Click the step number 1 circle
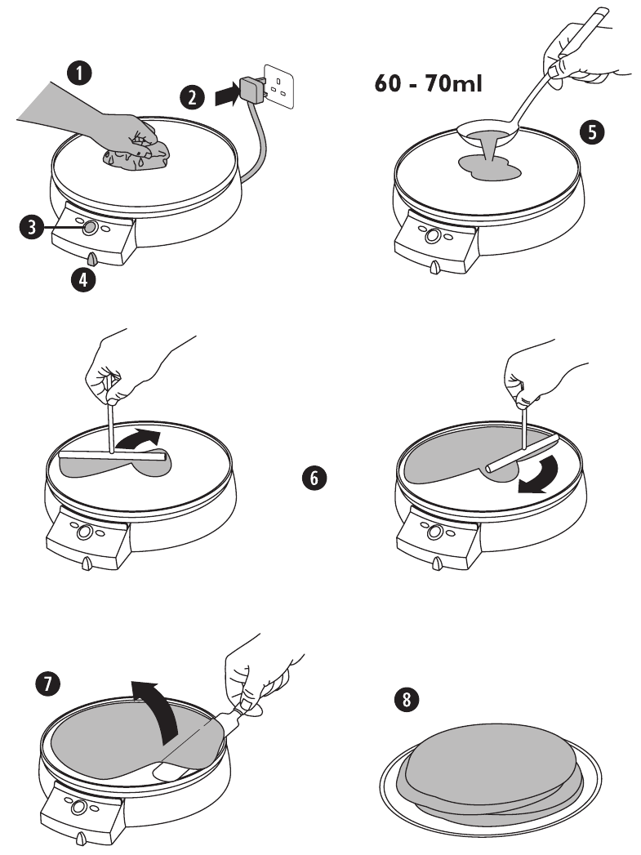point(79,74)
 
